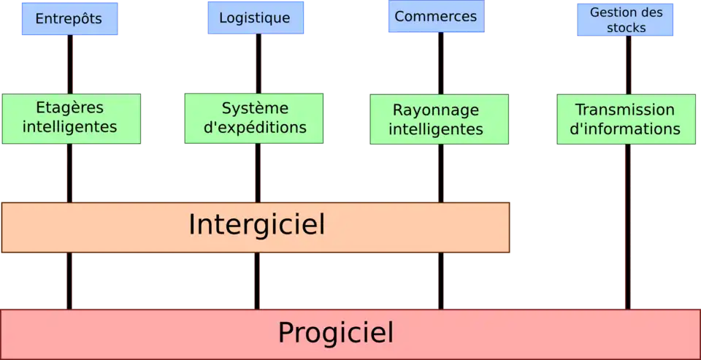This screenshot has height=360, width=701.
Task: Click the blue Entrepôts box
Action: (69, 18)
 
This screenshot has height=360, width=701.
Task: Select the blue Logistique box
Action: (255, 18)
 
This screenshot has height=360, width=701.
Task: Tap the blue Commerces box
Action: (435, 17)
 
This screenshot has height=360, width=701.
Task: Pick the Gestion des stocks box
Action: (626, 20)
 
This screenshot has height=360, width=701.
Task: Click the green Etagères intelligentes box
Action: (70, 118)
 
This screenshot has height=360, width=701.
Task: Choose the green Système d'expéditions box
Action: (254, 118)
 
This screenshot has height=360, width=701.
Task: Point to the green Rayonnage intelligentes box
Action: (438, 119)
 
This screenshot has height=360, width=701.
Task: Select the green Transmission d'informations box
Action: (625, 119)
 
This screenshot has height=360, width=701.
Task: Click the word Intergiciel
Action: (256, 225)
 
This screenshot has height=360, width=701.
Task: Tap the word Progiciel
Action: (335, 333)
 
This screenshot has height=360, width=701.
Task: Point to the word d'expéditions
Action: (254, 128)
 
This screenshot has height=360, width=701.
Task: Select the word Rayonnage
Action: (436, 110)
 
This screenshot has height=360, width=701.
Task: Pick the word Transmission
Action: (625, 110)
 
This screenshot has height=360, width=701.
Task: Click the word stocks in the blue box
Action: (626, 28)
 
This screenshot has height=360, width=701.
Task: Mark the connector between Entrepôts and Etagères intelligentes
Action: (69, 64)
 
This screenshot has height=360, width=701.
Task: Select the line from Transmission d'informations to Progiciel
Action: (627, 226)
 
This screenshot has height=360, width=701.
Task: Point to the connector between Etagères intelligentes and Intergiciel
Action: (69, 172)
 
